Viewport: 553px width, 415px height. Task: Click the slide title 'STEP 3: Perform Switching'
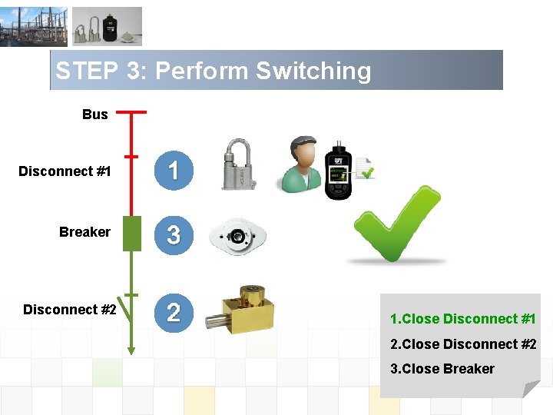coord(213,71)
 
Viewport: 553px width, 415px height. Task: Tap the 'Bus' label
coord(95,115)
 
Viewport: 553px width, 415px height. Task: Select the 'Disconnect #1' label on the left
coord(65,171)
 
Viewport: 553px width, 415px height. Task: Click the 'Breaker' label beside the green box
coord(84,232)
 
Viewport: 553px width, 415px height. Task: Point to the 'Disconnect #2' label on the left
coord(70,310)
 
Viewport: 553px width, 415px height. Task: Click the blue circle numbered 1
coord(174,170)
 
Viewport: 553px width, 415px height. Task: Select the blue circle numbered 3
coord(174,234)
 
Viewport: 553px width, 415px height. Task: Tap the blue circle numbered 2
coord(174,312)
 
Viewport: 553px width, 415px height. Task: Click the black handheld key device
coord(338,171)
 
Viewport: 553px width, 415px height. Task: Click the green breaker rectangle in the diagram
coord(131,234)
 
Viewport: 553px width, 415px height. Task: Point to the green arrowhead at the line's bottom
coord(131,350)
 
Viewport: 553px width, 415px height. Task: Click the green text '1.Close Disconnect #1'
coord(462,319)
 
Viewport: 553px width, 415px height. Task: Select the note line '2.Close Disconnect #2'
coord(463,344)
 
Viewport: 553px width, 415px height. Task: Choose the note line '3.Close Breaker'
coord(442,369)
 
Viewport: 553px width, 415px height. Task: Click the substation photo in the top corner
coord(33,27)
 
